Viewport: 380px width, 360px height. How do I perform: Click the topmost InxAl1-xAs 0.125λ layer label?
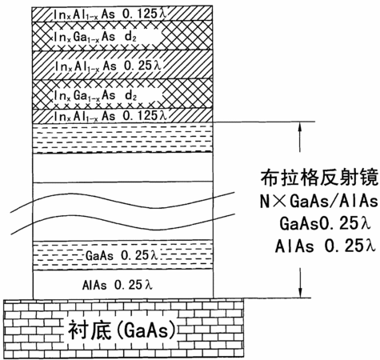pos(110,14)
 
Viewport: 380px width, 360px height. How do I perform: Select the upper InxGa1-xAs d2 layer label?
pos(95,37)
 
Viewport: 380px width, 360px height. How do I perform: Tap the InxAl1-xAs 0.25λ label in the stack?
pos(108,66)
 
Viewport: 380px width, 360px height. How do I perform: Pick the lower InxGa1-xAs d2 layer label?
pos(95,95)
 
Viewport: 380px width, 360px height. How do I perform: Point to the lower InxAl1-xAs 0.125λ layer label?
pos(110,116)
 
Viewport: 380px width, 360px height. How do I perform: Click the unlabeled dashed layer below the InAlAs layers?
pos(122,138)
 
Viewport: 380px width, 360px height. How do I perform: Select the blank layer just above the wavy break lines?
pos(122,168)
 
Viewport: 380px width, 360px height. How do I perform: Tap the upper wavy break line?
pos(122,202)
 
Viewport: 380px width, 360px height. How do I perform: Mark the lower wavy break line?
pos(122,223)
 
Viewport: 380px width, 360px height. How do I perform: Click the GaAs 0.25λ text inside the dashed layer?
pos(122,255)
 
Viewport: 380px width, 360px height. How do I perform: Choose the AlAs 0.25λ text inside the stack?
pos(118,285)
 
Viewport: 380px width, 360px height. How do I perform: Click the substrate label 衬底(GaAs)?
pos(122,330)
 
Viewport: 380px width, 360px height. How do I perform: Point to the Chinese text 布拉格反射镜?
pos(319,177)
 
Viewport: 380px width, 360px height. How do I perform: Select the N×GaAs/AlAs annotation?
pos(319,201)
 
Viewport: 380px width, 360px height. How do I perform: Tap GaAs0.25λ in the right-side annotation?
pos(325,223)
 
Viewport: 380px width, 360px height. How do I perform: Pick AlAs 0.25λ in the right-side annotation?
pos(326,246)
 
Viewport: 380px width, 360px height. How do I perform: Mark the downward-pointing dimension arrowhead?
pos(301,292)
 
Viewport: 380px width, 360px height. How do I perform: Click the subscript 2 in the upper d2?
pos(134,39)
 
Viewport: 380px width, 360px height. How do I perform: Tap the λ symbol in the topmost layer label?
pos(162,14)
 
